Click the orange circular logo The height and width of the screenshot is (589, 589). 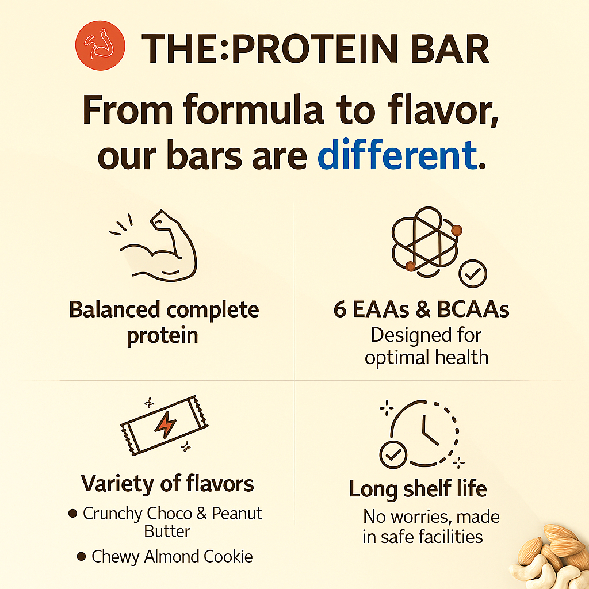point(100,45)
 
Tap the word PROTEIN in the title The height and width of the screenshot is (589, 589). point(315,49)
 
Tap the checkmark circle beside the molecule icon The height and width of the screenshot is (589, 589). point(473,274)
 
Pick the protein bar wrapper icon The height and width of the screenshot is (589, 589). point(164,425)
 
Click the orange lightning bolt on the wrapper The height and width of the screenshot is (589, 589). point(165,425)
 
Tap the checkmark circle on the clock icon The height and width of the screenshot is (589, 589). point(393,455)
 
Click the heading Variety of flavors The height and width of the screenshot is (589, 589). point(167,483)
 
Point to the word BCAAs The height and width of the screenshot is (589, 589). point(473,310)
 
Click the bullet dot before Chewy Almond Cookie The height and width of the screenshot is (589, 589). point(81,556)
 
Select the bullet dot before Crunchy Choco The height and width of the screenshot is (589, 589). point(73,513)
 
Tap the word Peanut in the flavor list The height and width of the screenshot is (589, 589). point(236,514)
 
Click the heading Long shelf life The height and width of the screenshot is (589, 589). point(418,489)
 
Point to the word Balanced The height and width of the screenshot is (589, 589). point(114,310)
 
